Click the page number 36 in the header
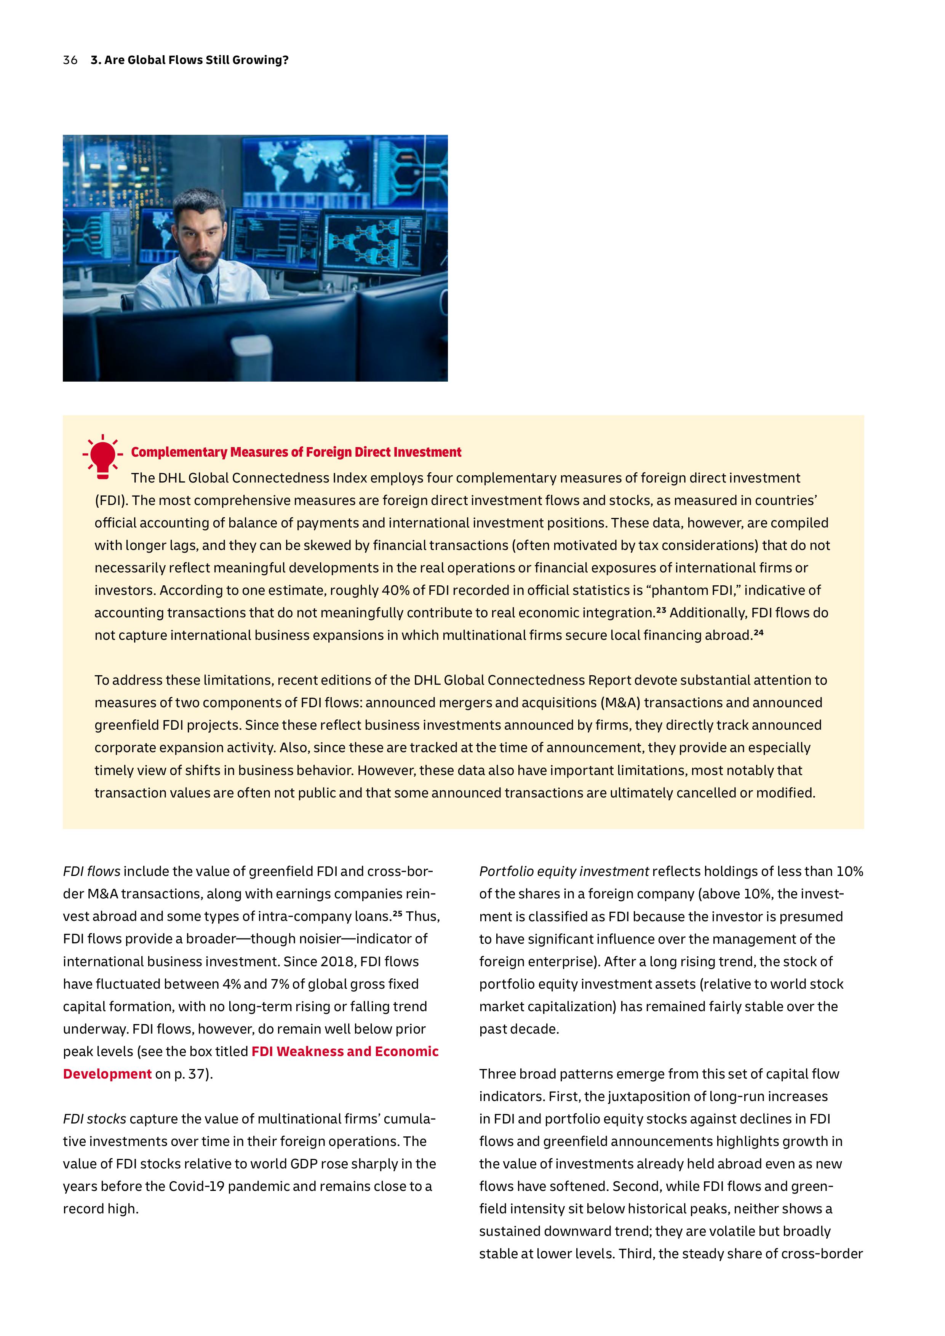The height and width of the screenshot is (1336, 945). pyautogui.click(x=70, y=60)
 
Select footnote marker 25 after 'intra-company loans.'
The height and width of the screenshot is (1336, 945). pyautogui.click(x=397, y=914)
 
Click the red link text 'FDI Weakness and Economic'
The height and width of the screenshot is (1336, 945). pyautogui.click(x=344, y=1052)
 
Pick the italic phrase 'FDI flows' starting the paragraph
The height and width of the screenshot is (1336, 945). pyautogui.click(x=91, y=871)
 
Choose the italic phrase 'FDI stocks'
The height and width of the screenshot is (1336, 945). pyautogui.click(x=94, y=1119)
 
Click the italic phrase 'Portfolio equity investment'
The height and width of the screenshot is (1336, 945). pyautogui.click(x=563, y=871)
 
